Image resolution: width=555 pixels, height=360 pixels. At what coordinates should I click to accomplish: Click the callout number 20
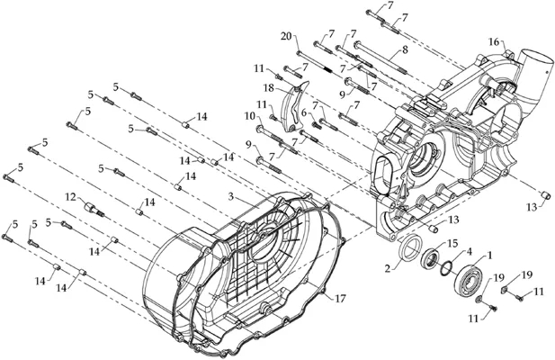(287, 36)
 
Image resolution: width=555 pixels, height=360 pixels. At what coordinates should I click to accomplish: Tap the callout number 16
(494, 42)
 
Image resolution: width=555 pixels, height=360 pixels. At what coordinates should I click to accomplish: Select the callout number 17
(340, 299)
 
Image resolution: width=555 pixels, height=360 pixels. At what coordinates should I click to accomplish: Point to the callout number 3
(231, 196)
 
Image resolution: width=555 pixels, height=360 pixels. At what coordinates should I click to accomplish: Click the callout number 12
(71, 196)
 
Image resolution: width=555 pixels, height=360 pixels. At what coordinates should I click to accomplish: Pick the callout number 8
(405, 49)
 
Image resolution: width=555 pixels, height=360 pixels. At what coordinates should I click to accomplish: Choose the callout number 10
(249, 115)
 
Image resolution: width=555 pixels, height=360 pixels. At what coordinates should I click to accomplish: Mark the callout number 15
(452, 244)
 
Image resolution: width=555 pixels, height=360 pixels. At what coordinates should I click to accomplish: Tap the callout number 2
(389, 269)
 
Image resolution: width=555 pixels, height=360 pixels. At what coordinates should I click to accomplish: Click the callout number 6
(304, 112)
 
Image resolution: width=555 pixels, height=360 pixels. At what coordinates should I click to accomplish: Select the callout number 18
(269, 88)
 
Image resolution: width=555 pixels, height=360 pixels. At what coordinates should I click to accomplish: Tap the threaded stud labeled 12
(94, 209)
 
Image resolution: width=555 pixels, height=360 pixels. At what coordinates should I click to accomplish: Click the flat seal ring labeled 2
(410, 247)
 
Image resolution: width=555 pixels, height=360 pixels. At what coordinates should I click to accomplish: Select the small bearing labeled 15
(430, 257)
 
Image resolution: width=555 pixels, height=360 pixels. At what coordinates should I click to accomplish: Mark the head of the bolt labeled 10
(260, 128)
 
